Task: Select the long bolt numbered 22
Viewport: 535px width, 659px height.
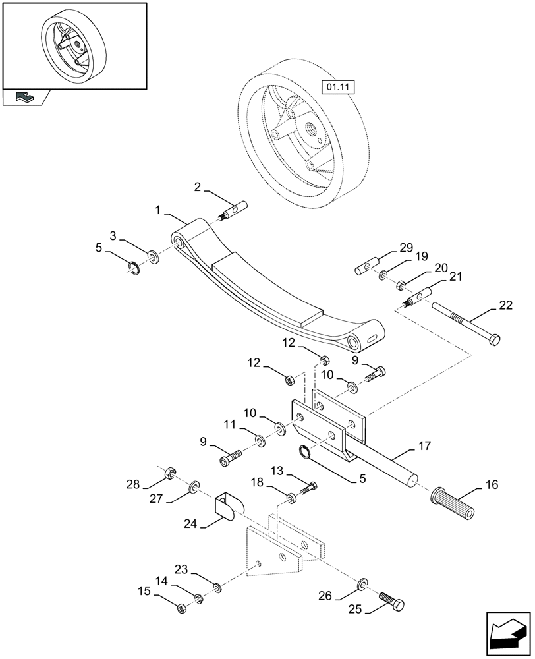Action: [x=465, y=322]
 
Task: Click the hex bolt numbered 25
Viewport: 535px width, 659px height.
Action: [x=392, y=601]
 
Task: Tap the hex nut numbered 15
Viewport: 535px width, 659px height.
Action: [x=183, y=608]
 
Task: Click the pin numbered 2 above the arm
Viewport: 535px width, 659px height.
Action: [x=235, y=210]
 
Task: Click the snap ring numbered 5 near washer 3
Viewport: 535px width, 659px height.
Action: [x=135, y=266]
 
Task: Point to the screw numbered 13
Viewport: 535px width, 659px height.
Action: [x=307, y=488]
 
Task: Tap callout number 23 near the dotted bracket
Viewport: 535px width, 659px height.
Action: [x=181, y=569]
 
